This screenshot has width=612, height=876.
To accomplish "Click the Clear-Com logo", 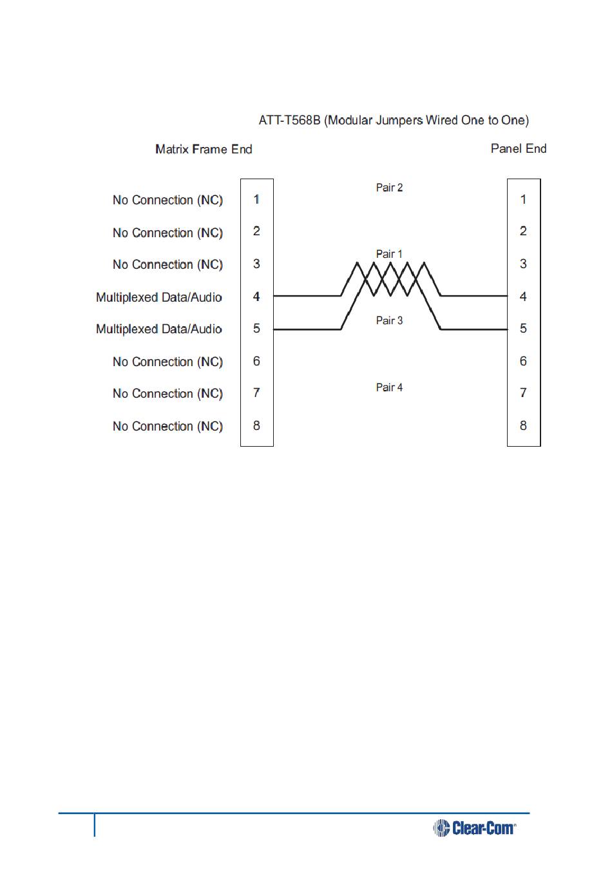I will (475, 828).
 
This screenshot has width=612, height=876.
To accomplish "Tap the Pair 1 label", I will (389, 254).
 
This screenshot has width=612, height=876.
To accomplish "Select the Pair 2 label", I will (389, 188).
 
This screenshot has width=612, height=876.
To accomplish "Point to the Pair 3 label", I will (389, 320).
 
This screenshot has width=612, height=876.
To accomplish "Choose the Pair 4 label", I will (389, 387).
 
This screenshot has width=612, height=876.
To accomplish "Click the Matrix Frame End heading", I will (204, 150).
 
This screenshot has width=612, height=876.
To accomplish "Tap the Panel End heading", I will (518, 149).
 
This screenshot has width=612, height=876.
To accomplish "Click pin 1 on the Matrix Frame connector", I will (256, 199).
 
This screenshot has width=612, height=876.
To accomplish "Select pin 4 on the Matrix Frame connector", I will (256, 297).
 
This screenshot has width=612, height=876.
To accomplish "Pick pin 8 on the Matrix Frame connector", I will (256, 425).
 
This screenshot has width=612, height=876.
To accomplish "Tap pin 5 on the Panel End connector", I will (523, 329).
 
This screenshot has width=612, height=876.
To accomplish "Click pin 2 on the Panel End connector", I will (523, 231).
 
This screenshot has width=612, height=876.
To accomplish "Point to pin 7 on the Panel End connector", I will (523, 393).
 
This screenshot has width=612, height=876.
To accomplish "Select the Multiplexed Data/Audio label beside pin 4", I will (159, 297).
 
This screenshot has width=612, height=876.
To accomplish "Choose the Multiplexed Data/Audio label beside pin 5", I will (159, 329).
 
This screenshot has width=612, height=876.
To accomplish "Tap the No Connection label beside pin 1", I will (167, 200).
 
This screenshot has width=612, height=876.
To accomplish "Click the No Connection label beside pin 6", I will (167, 362).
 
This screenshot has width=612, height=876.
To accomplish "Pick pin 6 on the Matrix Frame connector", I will (256, 361).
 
